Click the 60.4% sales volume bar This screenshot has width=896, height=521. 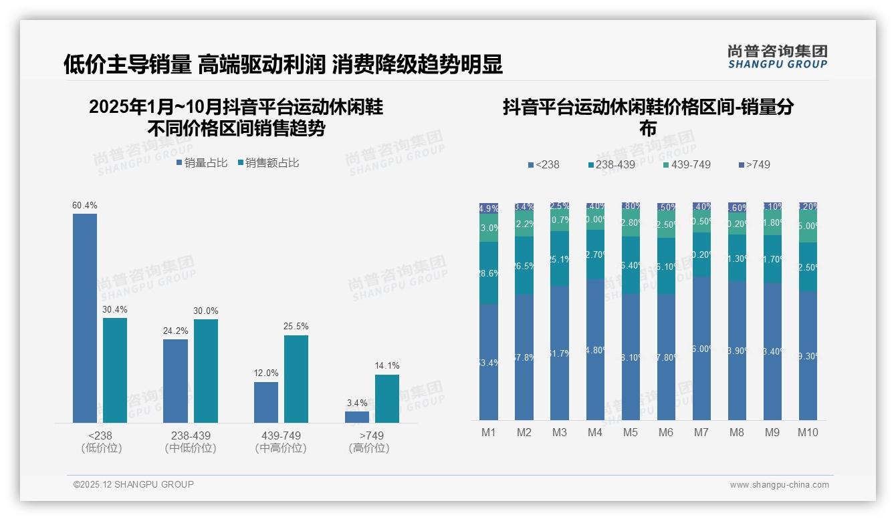pyautogui.click(x=85, y=318)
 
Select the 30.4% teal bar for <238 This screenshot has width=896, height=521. pyautogui.click(x=115, y=370)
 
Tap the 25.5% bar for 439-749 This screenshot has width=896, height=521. pyautogui.click(x=296, y=379)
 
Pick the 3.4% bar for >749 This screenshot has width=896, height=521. pyautogui.click(x=357, y=417)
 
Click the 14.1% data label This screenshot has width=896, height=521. pyautogui.click(x=387, y=365)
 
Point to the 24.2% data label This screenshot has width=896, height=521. pyautogui.click(x=176, y=331)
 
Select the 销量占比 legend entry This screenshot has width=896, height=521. pyautogui.click(x=202, y=163)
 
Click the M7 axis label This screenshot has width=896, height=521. pyautogui.click(x=701, y=432)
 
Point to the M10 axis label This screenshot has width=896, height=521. pyautogui.click(x=808, y=432)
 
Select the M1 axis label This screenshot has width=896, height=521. pyautogui.click(x=489, y=432)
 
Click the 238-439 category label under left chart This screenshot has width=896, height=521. pyautogui.click(x=191, y=436)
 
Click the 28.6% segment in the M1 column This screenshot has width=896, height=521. pyautogui.click(x=489, y=273)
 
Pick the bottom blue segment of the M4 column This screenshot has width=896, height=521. pyautogui.click(x=595, y=349)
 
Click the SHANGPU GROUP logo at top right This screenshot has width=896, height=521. pyautogui.click(x=778, y=57)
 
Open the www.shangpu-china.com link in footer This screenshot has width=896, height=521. pyautogui.click(x=779, y=485)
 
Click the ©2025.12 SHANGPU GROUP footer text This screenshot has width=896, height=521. pyautogui.click(x=134, y=484)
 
